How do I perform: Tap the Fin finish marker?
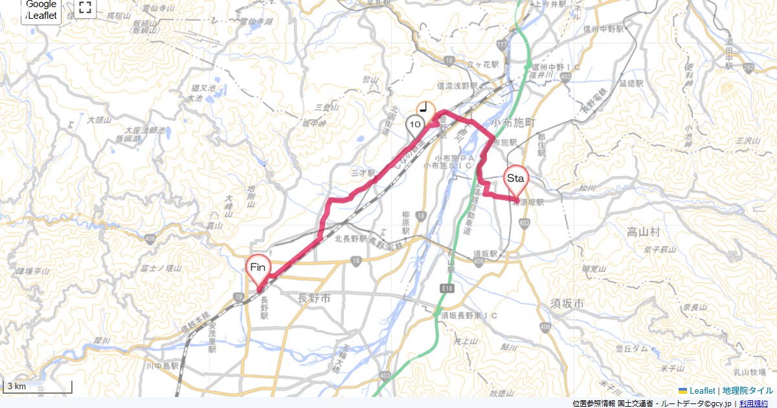click(258, 268)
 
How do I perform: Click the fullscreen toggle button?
click(85, 8)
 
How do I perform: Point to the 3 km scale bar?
click(38, 387)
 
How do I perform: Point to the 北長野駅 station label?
click(351, 239)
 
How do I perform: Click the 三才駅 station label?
click(363, 174)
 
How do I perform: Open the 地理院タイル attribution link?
click(748, 391)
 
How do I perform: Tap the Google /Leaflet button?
click(41, 10)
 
